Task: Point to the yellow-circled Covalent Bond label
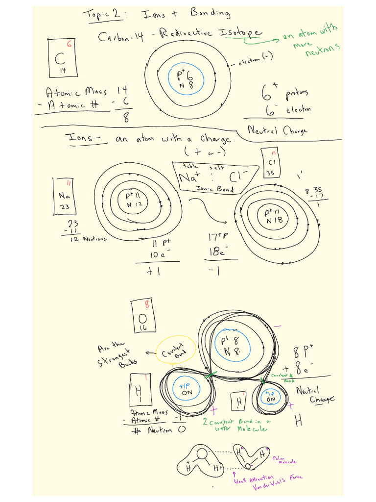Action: tap(175, 350)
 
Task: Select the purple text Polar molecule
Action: tap(287, 460)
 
